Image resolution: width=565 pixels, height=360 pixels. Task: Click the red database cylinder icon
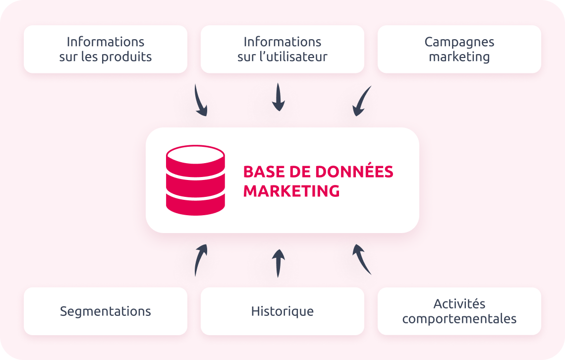pos(195,180)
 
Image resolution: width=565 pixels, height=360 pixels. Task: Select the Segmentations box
pos(106,311)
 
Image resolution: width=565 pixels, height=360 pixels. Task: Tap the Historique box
pos(282,311)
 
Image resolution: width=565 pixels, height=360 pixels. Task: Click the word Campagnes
pos(459,42)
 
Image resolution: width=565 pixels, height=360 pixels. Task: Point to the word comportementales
pos(459,318)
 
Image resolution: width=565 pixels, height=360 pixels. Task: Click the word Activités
pos(459,303)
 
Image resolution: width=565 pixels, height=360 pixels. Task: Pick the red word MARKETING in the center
pos(291,191)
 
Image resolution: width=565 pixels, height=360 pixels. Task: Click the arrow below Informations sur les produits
pos(200,101)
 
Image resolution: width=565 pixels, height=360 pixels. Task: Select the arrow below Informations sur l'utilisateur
pos(279,98)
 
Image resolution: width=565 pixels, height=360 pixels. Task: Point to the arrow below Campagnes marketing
pos(361,101)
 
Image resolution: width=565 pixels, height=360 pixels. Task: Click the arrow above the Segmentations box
pos(200,259)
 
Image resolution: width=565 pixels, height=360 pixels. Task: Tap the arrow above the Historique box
pos(279,262)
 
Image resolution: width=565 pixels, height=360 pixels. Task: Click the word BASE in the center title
pos(263,172)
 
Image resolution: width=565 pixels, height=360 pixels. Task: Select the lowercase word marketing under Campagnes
pos(459,57)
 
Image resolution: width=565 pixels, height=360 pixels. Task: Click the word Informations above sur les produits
pos(106,42)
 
